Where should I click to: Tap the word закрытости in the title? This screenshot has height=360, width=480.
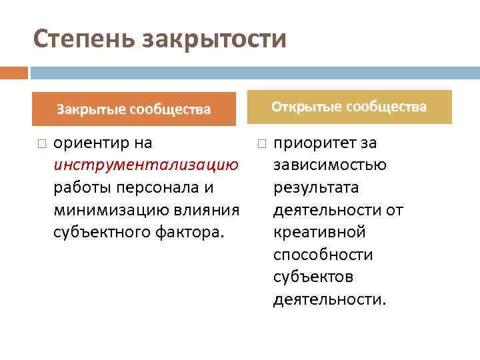point(214,39)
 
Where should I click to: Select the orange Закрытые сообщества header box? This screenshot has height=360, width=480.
point(134,109)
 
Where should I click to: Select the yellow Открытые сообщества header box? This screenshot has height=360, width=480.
point(349,107)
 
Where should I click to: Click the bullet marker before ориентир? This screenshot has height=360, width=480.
point(41,143)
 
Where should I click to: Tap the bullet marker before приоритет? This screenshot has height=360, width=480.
point(261,143)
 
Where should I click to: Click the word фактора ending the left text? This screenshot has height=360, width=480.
point(196,233)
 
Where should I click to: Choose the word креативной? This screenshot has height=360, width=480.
point(319,233)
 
